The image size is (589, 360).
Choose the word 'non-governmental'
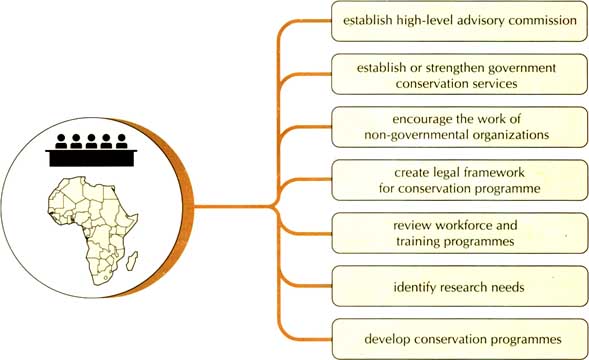point(417,135)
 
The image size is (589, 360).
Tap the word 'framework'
point(492,172)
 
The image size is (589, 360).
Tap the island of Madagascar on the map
point(132,261)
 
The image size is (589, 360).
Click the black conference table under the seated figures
point(91,158)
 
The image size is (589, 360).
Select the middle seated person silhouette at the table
point(91,141)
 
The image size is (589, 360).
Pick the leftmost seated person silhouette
point(61,141)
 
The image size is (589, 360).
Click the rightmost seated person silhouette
point(121,141)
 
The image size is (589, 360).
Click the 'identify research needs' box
point(459,286)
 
